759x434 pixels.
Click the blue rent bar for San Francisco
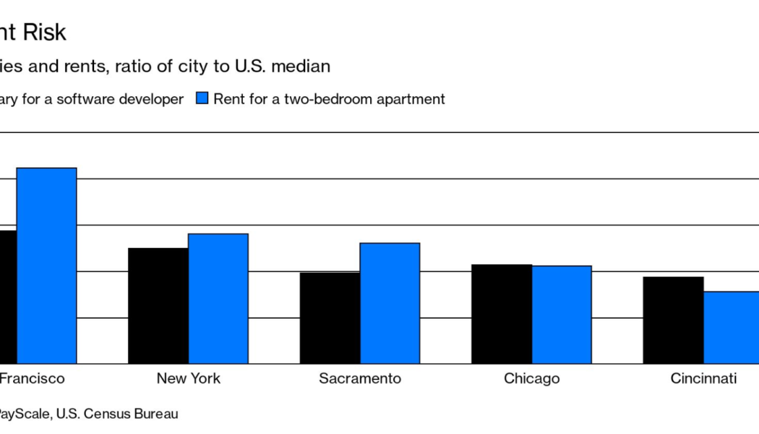point(46,265)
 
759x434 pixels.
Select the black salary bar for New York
point(158,305)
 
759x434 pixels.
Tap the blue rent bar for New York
point(218,298)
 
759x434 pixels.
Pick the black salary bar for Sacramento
point(330,318)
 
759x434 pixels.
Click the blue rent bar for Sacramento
point(390,303)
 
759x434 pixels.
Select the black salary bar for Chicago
point(502,314)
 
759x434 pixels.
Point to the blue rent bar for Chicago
point(562,315)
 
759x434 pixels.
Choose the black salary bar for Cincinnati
point(674,320)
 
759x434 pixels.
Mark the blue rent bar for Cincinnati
point(732,327)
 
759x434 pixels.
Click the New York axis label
point(189,379)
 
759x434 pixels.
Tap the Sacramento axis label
point(360,379)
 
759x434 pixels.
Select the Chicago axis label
point(532,379)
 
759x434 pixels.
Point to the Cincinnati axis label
point(703,379)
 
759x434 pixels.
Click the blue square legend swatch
point(202,99)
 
